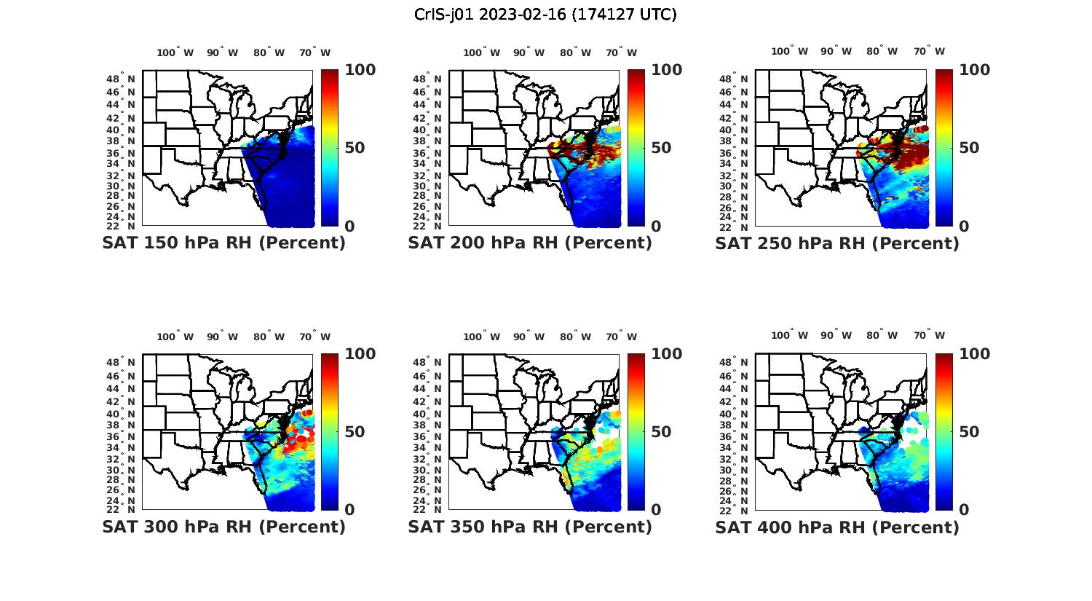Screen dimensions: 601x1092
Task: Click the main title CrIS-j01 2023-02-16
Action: tap(545, 15)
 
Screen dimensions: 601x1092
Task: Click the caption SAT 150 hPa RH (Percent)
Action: tap(223, 243)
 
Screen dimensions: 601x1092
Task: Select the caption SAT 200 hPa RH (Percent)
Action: tap(530, 243)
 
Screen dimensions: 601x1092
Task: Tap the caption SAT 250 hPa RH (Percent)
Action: tap(837, 243)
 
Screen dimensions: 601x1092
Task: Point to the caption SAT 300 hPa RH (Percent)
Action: tap(223, 527)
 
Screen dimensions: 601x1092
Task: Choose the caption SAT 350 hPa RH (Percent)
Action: tap(530, 527)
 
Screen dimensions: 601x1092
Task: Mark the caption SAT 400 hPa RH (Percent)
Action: tap(837, 527)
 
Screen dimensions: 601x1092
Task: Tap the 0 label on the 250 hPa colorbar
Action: tap(964, 227)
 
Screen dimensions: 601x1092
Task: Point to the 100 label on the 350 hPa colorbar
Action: tap(667, 354)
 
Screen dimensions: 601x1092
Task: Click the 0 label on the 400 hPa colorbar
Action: tap(964, 510)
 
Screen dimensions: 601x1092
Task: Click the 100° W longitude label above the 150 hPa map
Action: tap(175, 52)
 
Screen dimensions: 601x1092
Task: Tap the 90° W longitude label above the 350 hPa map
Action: tap(529, 337)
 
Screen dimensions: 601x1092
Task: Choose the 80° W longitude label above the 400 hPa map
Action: tap(882, 336)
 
